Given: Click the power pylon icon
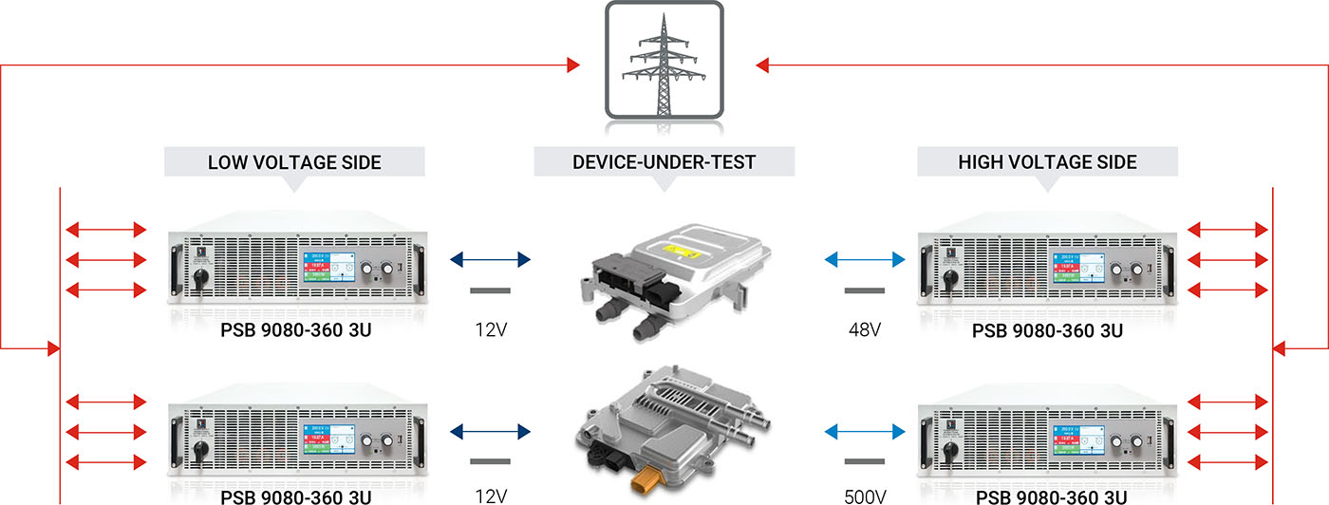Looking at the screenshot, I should [x=664, y=63].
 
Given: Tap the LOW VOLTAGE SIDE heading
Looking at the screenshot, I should [x=294, y=162].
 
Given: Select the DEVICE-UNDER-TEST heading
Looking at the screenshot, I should [x=664, y=162].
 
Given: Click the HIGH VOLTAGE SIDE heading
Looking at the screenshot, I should [x=1047, y=162].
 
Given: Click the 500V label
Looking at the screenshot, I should [x=865, y=496].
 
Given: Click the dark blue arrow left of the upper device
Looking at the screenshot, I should [x=491, y=258].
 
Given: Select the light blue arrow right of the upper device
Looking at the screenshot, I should [x=865, y=258].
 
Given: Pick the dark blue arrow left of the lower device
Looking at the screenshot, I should [x=491, y=432].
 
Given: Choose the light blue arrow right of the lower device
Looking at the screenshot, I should [x=865, y=432].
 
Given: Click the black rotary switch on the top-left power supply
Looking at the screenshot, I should [x=201, y=280].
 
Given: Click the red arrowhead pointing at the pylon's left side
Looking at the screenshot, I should [x=572, y=65].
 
